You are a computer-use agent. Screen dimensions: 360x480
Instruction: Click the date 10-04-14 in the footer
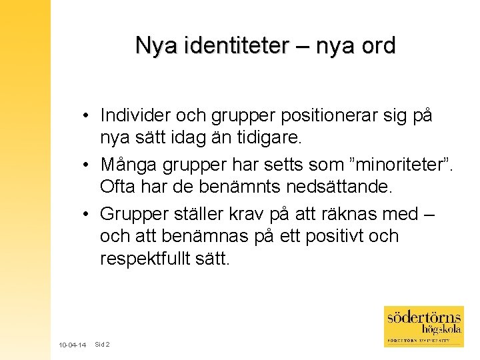point(72,345)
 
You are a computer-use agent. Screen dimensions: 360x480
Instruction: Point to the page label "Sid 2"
point(102,345)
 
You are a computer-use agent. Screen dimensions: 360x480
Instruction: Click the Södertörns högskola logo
point(423,326)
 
